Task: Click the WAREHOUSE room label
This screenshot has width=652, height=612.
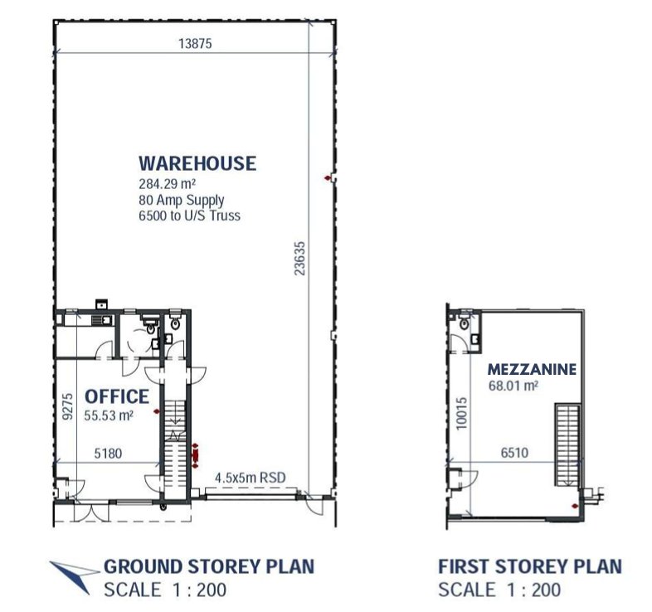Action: click(197, 163)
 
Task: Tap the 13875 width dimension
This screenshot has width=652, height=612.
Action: click(195, 43)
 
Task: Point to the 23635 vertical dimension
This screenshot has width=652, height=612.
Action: click(299, 258)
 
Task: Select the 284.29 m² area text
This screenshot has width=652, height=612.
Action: click(168, 184)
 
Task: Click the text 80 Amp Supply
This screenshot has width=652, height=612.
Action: click(182, 201)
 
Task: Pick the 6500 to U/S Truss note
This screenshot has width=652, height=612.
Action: click(190, 216)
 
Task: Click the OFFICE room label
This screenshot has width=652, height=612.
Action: click(117, 396)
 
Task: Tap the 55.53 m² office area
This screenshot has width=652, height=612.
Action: click(109, 415)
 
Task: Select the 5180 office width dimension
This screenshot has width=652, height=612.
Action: click(108, 453)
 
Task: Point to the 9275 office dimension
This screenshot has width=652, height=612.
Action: click(67, 406)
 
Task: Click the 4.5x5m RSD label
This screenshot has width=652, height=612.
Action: click(251, 478)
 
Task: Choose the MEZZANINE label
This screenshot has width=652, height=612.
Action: click(532, 369)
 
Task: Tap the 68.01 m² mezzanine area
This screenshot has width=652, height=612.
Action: click(513, 386)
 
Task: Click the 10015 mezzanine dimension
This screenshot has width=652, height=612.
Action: click(461, 413)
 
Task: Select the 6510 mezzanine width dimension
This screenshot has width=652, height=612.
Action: click(515, 452)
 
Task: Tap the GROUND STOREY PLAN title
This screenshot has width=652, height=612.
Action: click(209, 566)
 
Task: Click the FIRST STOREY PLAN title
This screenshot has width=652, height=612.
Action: click(530, 566)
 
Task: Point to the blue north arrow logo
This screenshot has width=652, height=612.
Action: click(74, 576)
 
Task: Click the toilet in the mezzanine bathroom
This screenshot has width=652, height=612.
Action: click(465, 323)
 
